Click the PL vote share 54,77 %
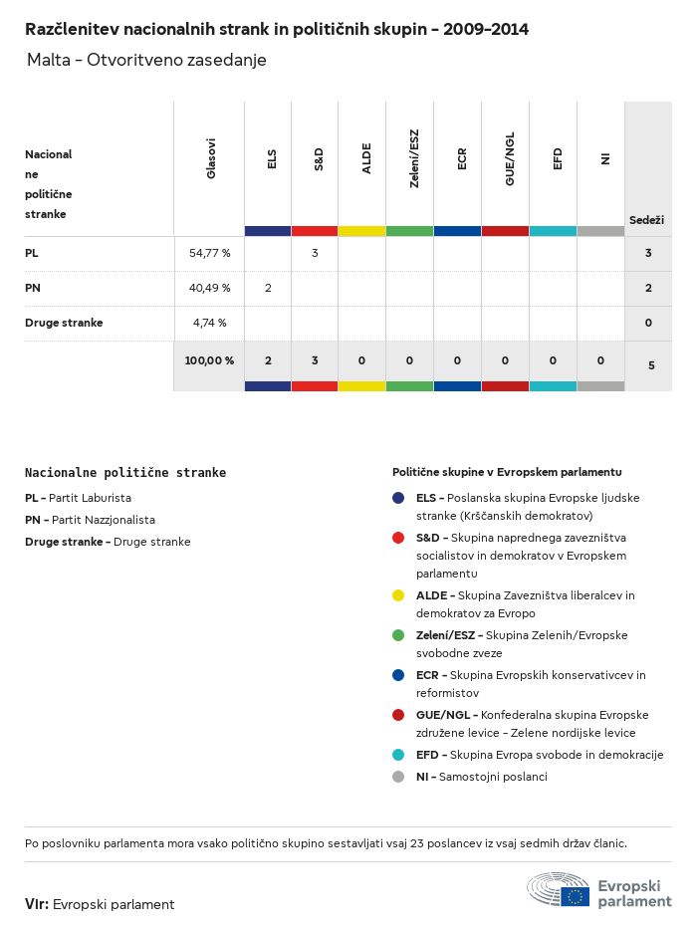pos(210,253)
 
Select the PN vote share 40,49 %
pos(210,288)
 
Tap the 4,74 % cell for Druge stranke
pos(210,323)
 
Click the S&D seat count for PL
pos(315,253)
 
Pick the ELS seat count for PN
pos(268,288)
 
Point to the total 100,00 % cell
pos(209,360)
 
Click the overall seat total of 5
pos(651,365)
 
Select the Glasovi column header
pos(210,158)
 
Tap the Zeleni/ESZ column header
pos(413,158)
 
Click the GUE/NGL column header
pos(509,158)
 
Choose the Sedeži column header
pos(646,220)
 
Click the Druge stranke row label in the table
pos(64,323)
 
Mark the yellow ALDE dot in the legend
pos(398,595)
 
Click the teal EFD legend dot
pos(398,755)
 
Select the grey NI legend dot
pos(398,777)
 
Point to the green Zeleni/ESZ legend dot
pos(398,635)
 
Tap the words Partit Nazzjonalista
pos(104,520)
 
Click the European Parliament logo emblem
pos(559,889)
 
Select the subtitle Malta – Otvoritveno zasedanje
pos(146,60)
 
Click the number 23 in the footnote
pos(416,843)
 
